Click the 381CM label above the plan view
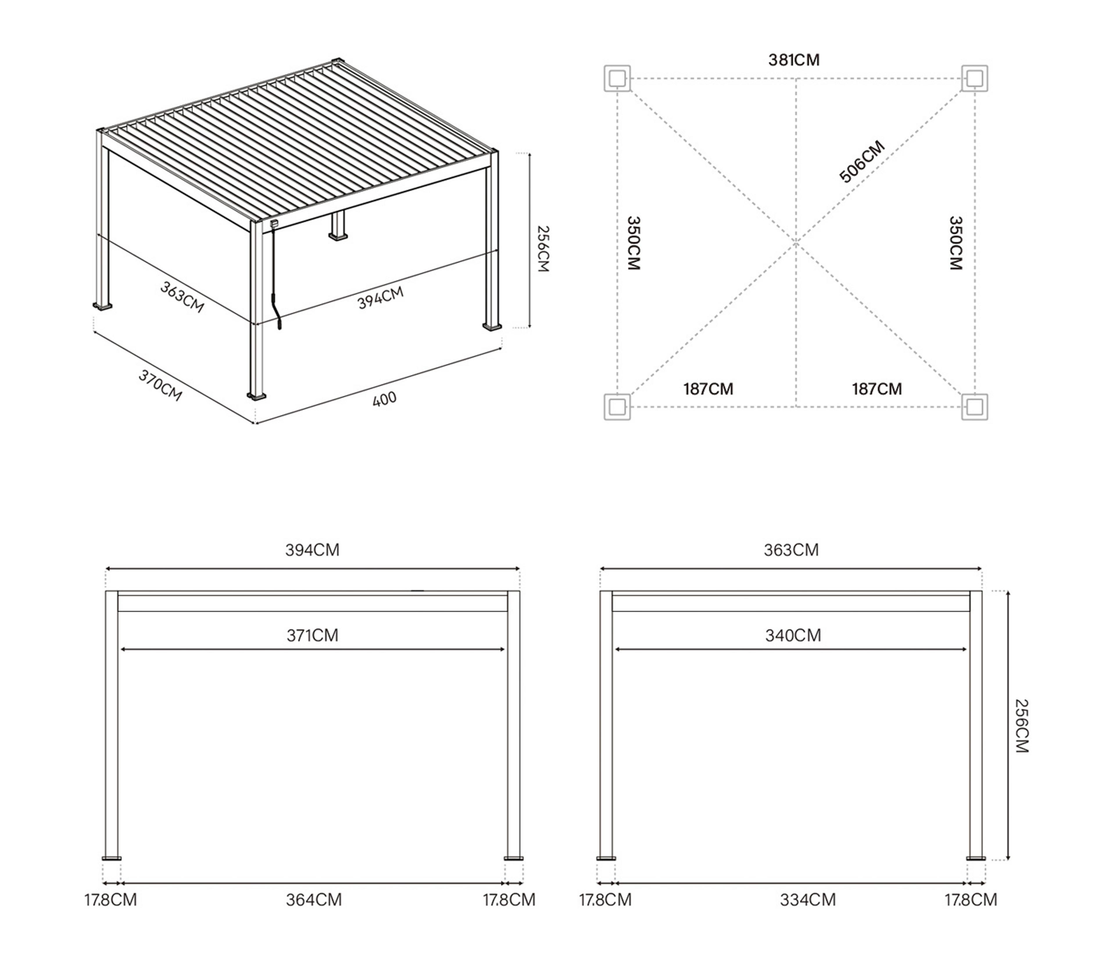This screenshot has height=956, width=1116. pyautogui.click(x=794, y=60)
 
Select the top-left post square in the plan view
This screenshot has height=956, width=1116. pyautogui.click(x=617, y=79)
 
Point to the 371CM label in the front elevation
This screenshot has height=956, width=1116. pyautogui.click(x=312, y=635)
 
